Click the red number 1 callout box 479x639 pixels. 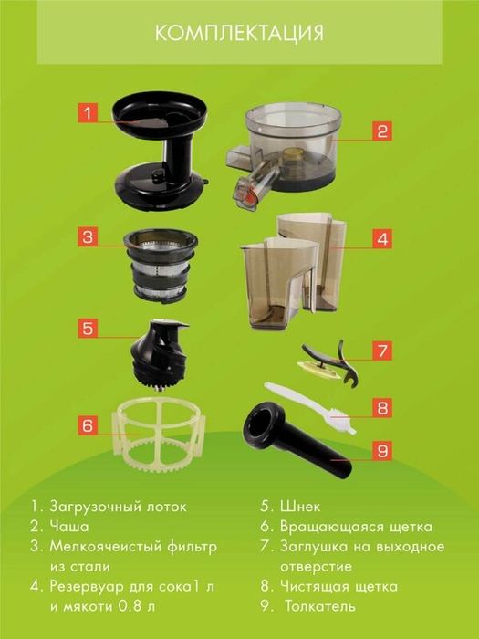pos(88,113)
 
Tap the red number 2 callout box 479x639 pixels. pos(382,131)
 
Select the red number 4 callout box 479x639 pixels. pos(382,238)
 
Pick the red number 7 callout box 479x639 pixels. pos(382,351)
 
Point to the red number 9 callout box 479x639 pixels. pos(382,451)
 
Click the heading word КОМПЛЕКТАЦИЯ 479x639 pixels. pos(239,33)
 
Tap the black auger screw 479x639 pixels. pos(160,354)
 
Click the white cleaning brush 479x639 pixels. pos(311,408)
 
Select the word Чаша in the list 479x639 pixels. pos(69,527)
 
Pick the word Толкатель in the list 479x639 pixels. pos(320,606)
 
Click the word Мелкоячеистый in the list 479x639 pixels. pos(106,547)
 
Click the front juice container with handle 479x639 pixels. pos(278,282)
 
